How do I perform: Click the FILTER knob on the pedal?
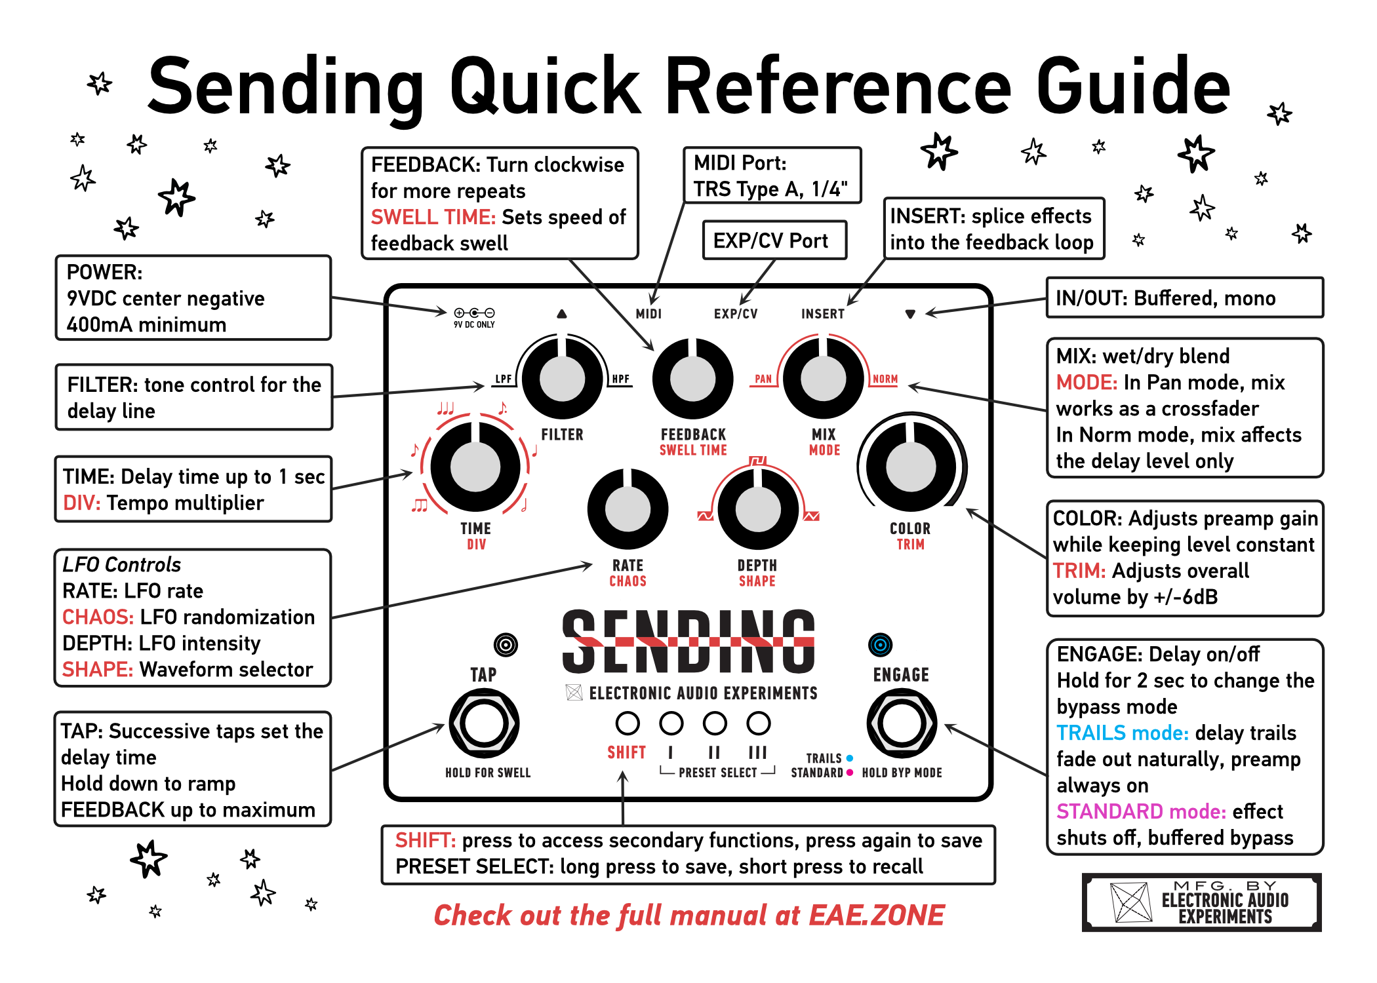562,378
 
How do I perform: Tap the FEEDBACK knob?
692,378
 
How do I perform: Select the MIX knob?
823,378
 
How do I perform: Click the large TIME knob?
475,466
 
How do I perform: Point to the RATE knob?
628,509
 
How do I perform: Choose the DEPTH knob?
758,509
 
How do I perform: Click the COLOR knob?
910,466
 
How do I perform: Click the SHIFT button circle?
628,723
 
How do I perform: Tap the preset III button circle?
758,723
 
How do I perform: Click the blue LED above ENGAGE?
880,645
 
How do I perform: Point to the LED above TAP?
506,645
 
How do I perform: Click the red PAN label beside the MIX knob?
763,379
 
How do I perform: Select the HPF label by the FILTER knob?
620,379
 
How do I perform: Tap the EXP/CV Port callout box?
774,241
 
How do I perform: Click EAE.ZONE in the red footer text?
876,915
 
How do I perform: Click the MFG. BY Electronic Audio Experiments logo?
1201,902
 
